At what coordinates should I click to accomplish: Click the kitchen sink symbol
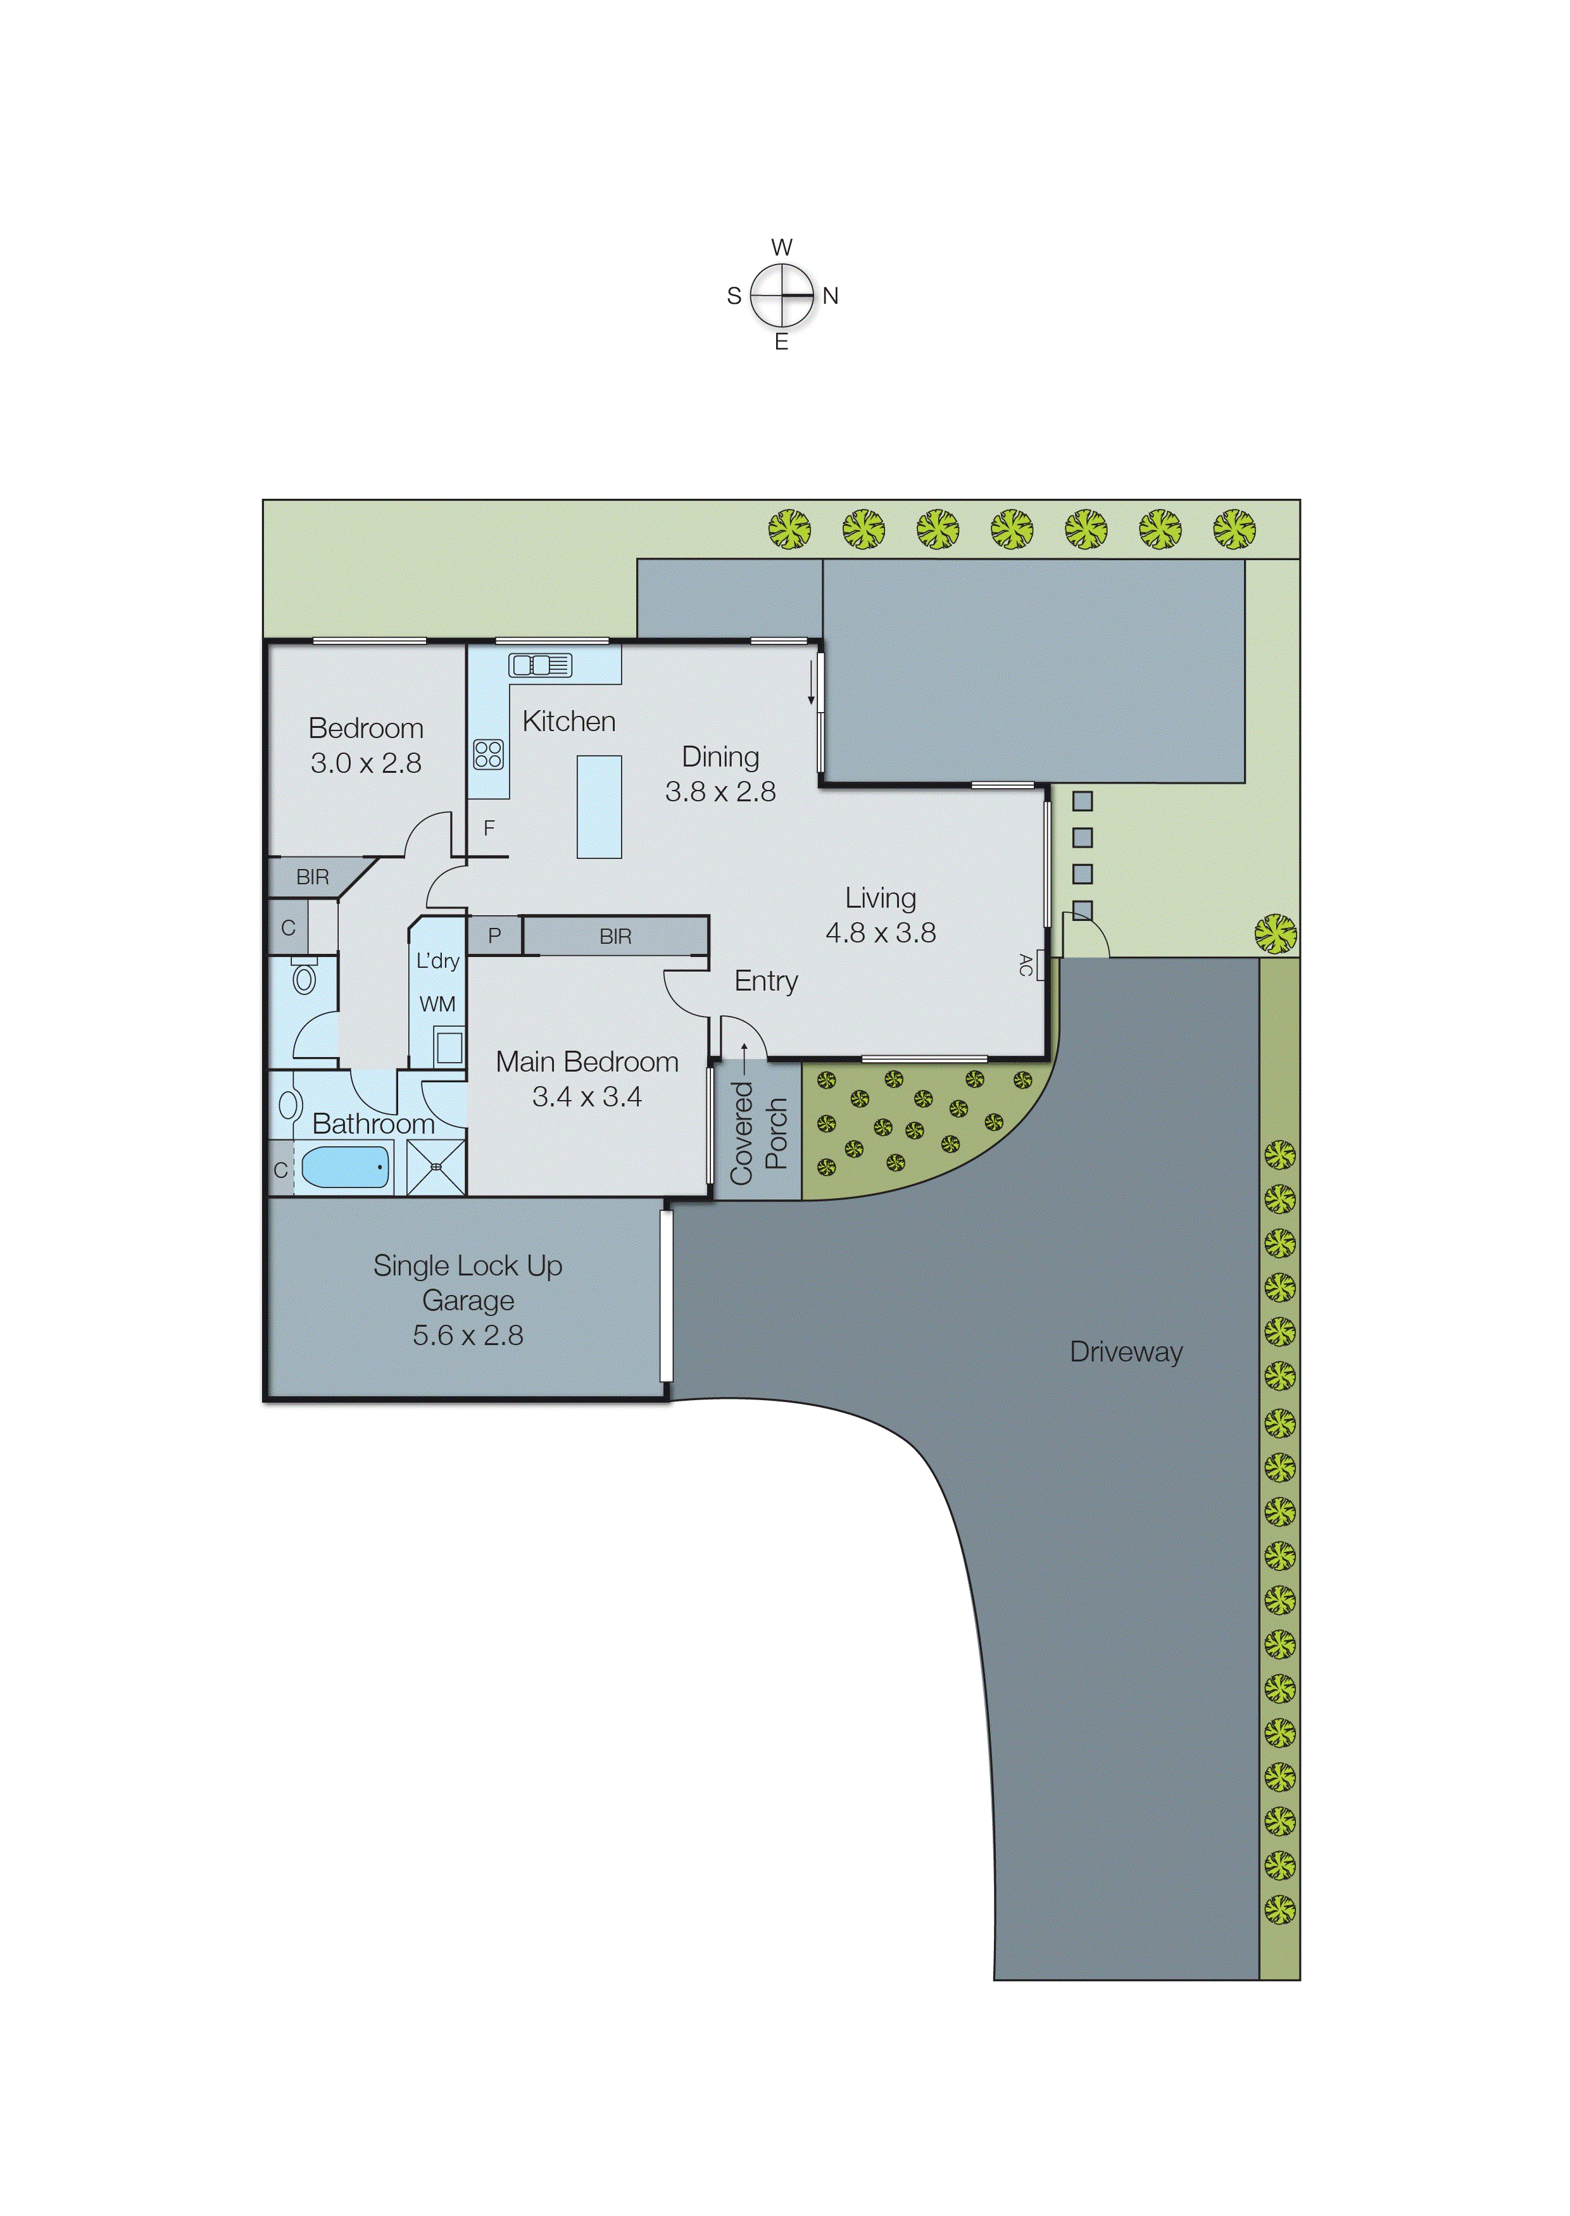[541, 665]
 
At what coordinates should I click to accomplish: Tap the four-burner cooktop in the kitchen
[488, 754]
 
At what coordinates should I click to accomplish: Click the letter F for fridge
[489, 828]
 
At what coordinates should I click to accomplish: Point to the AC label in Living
[1026, 965]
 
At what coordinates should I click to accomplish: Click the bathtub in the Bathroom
[345, 1167]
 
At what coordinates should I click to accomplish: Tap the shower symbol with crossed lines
[436, 1167]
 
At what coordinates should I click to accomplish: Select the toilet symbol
[305, 977]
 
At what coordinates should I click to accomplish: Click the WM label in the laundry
[437, 1004]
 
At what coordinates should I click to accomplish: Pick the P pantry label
[494, 936]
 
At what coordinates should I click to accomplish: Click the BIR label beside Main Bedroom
[616, 936]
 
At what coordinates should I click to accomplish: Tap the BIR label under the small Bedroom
[312, 877]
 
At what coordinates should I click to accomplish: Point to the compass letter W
[782, 247]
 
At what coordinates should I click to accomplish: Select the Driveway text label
[1126, 1352]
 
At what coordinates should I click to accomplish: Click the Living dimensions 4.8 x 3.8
[880, 932]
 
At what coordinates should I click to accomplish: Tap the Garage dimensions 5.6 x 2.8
[468, 1335]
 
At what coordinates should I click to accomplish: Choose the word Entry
[765, 981]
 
